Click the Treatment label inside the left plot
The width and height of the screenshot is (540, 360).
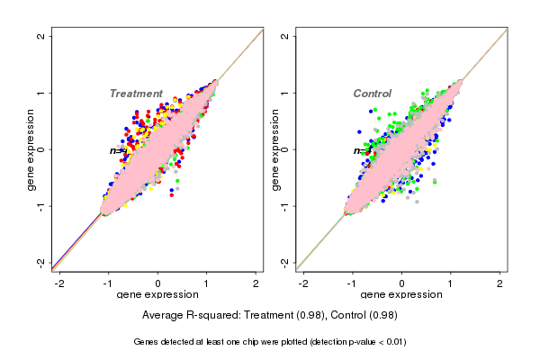[x=136, y=94]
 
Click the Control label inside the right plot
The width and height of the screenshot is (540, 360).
[x=373, y=94]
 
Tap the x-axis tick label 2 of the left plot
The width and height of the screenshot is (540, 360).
[x=256, y=283]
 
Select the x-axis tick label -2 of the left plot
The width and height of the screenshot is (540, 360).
[x=59, y=283]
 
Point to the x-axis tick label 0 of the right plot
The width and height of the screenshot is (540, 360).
[x=401, y=283]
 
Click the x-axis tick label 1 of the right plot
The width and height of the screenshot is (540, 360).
[x=451, y=283]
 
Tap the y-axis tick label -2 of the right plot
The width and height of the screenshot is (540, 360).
[x=284, y=263]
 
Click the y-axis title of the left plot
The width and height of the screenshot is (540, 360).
[x=31, y=149]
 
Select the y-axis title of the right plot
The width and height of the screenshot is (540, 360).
[x=275, y=149]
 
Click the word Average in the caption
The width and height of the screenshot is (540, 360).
[x=164, y=315]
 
